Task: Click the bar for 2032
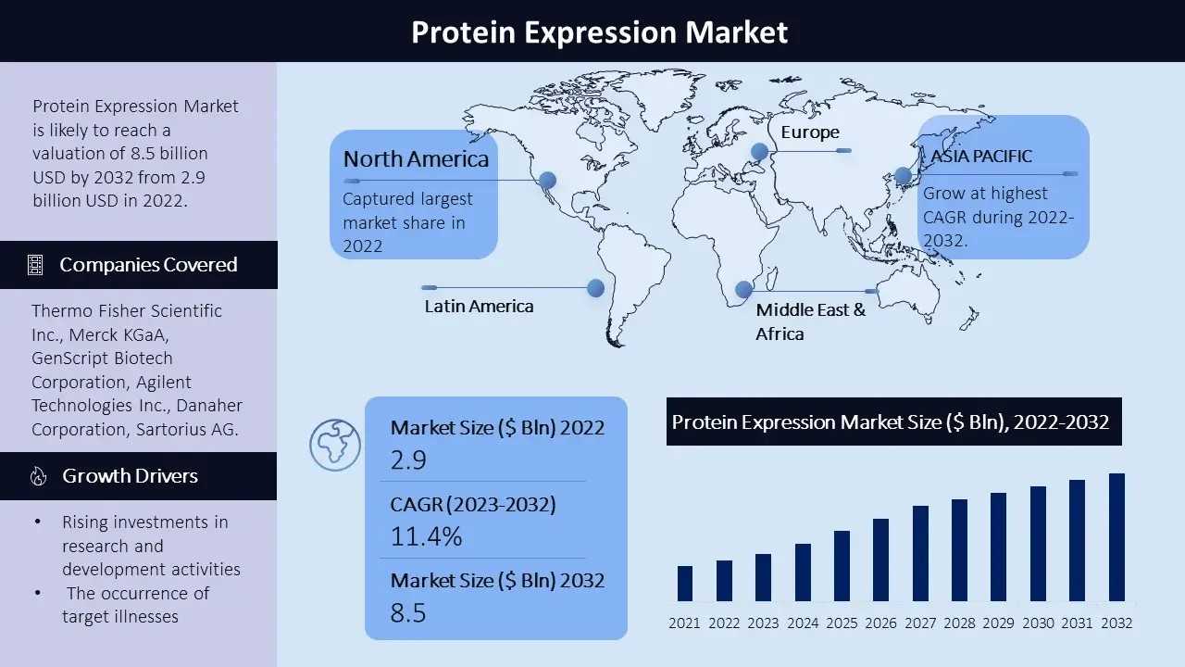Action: [1116, 537]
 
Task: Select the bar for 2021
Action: [685, 584]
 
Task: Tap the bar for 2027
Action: [920, 553]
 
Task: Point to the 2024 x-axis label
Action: [803, 623]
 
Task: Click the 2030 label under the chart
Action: [1038, 623]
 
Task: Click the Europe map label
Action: [810, 132]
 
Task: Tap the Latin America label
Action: [479, 306]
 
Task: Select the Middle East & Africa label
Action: [810, 321]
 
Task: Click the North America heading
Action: [416, 158]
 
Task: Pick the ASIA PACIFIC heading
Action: [980, 157]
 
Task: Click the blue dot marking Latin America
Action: [595, 288]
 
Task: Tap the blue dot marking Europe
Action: [760, 152]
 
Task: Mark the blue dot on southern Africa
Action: [743, 289]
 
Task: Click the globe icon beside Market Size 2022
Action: [335, 446]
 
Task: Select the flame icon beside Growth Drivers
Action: [38, 476]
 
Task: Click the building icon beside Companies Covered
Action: [35, 265]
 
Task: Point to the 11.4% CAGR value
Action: [427, 536]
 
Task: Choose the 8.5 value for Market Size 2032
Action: [408, 612]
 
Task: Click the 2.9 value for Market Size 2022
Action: [408, 459]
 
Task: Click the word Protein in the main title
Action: [463, 31]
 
